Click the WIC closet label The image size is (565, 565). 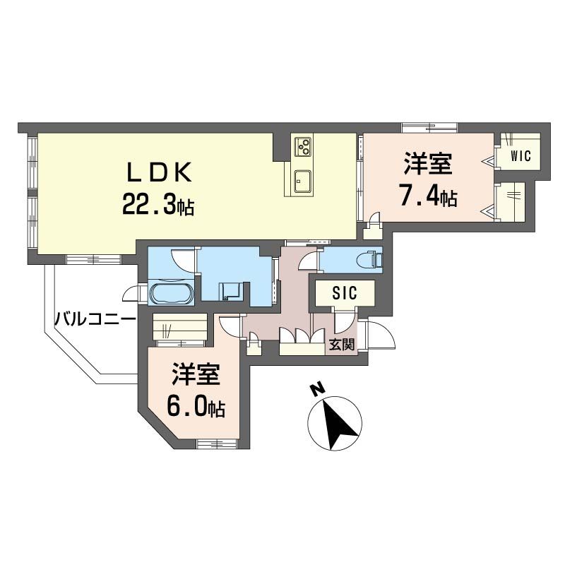tap(520, 156)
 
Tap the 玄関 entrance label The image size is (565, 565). tap(343, 345)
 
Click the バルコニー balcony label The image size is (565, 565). tap(95, 319)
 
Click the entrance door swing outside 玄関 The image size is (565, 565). tap(380, 337)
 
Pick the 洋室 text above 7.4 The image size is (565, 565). tap(428, 164)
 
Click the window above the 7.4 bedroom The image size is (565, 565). tap(429, 128)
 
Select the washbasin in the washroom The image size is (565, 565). tap(230, 290)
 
